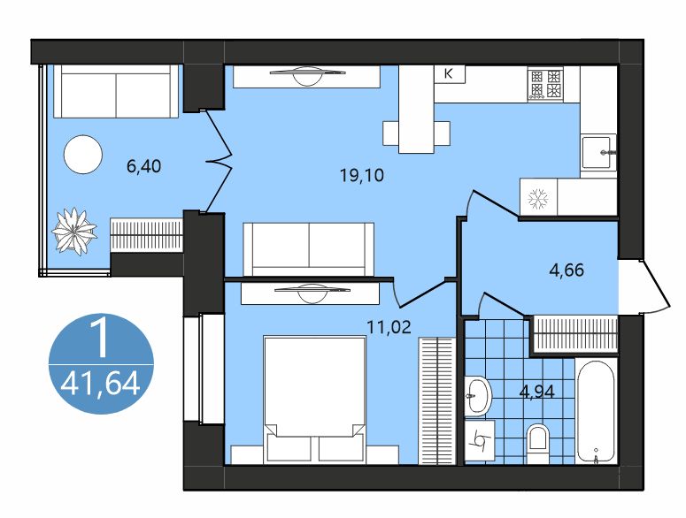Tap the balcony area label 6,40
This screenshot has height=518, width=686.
144,165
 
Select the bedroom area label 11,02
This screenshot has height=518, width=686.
390,324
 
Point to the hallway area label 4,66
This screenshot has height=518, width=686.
566,270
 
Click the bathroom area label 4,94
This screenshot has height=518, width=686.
536,392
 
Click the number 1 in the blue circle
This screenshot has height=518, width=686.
99,338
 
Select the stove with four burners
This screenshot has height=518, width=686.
545,85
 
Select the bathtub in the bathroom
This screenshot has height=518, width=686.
594,410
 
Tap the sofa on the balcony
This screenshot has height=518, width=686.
116,93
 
